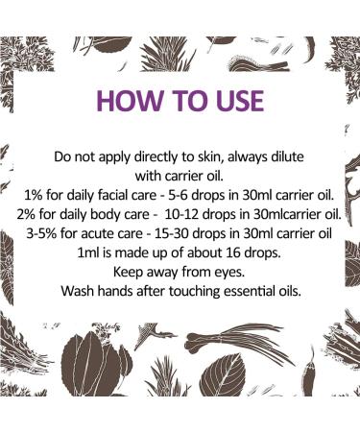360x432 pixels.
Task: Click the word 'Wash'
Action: (x=80, y=285)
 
